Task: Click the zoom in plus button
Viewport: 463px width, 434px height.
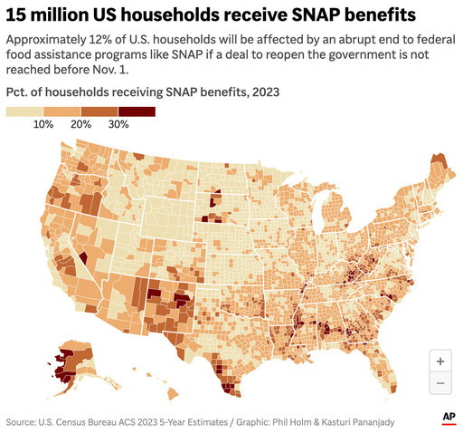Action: tap(440, 361)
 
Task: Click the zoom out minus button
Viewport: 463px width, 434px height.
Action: tap(440, 382)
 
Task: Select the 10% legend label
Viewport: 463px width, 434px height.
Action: tap(43, 124)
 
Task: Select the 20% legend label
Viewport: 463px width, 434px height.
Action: tap(80, 124)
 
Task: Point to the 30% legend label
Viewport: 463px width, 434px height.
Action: tap(118, 124)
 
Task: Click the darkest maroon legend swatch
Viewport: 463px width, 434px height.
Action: tap(137, 111)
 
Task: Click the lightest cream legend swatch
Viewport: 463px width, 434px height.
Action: tap(24, 111)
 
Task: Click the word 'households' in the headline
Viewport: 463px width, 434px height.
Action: tap(157, 15)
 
